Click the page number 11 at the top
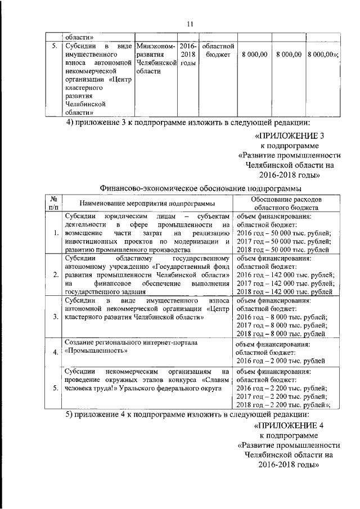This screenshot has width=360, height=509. point(189,23)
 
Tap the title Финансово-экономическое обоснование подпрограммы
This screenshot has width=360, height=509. point(200,187)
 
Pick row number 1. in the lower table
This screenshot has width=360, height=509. point(55,233)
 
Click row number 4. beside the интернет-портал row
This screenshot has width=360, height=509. point(55,353)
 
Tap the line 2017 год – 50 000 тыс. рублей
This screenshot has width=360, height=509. point(283,241)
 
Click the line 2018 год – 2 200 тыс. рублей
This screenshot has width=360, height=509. point(283,404)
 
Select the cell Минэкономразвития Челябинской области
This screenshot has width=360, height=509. point(156,60)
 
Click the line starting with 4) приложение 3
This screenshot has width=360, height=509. point(188,123)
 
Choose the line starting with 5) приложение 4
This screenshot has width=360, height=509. point(188,415)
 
